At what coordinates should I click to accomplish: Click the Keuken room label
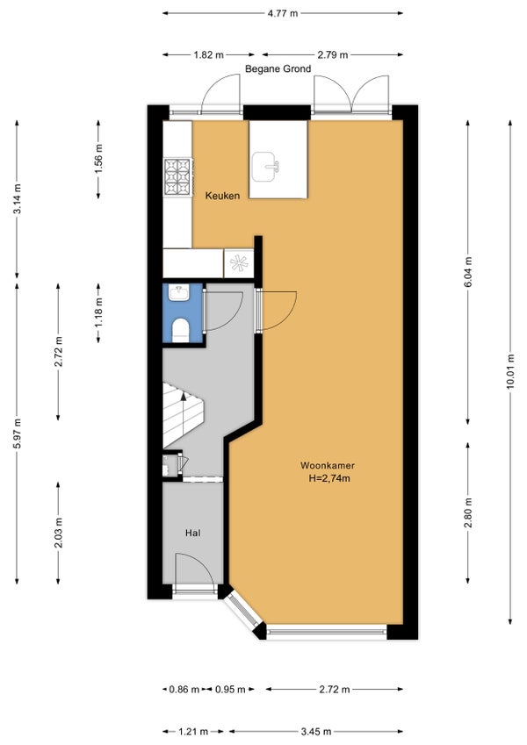coord(222,196)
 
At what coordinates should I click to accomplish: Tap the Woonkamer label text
coord(328,466)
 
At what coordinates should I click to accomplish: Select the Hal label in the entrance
coord(192,534)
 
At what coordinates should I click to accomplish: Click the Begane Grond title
coord(278,69)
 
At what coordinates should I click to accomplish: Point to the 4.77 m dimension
coord(283,13)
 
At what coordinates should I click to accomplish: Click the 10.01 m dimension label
coord(510,371)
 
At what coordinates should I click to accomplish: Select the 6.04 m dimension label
coord(468,271)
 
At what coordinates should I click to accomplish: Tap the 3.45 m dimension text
coord(316,732)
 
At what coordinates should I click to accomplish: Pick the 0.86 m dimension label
coord(184,689)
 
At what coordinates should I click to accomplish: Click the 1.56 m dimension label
coord(98,158)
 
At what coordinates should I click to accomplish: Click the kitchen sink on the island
coord(265,167)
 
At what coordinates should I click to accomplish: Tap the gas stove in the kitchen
coord(177,176)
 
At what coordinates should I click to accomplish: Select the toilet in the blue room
coord(180,330)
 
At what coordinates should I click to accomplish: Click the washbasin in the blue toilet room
coord(179,292)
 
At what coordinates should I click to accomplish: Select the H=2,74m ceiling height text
coord(329,478)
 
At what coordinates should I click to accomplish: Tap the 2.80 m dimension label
coord(468,512)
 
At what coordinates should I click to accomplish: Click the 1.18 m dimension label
coord(98,312)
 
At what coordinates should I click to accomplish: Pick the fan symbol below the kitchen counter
coord(239,262)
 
